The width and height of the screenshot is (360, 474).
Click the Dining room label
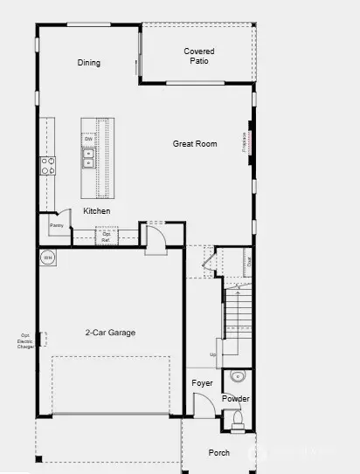(89, 63)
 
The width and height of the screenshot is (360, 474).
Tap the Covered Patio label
(198, 57)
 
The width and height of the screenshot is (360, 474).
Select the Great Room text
(194, 144)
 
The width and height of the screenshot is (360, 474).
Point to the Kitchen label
(96, 212)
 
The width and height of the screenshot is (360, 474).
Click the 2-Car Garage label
(110, 333)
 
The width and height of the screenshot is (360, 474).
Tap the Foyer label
(202, 383)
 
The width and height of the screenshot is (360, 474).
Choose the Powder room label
(235, 399)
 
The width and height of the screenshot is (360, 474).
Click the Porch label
(218, 453)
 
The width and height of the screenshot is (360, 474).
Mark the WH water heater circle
(47, 258)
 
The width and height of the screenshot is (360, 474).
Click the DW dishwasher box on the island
(88, 140)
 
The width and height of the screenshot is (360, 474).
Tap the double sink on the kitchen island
(88, 157)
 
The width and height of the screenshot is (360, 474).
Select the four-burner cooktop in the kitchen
(46, 166)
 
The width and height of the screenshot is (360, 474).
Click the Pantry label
(57, 226)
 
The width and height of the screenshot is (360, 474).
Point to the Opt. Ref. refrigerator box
(106, 236)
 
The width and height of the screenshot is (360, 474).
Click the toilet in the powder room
(237, 420)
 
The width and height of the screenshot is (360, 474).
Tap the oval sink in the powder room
(237, 377)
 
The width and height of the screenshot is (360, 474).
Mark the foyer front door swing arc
(203, 403)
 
